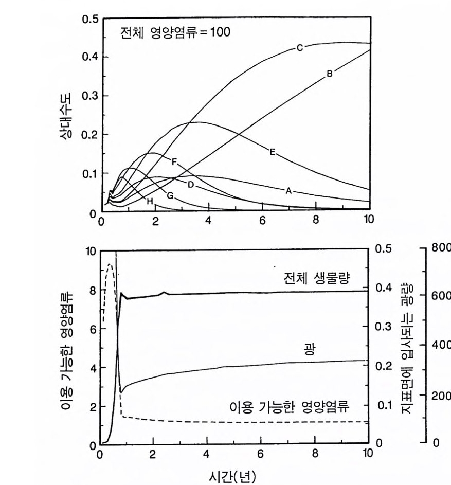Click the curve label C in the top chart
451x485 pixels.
click(299, 48)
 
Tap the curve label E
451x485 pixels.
click(272, 151)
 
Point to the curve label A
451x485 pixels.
click(288, 190)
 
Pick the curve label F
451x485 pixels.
click(174, 162)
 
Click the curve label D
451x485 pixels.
click(190, 184)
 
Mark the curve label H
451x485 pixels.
click(150, 202)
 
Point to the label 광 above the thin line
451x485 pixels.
click(309, 350)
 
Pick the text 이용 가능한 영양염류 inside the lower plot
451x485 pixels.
click(290, 408)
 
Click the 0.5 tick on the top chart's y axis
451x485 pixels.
click(89, 20)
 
